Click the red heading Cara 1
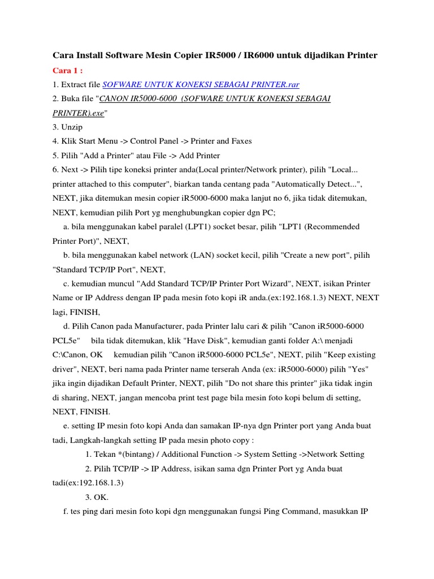click(x=67, y=70)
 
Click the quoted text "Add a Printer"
click(x=108, y=155)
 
